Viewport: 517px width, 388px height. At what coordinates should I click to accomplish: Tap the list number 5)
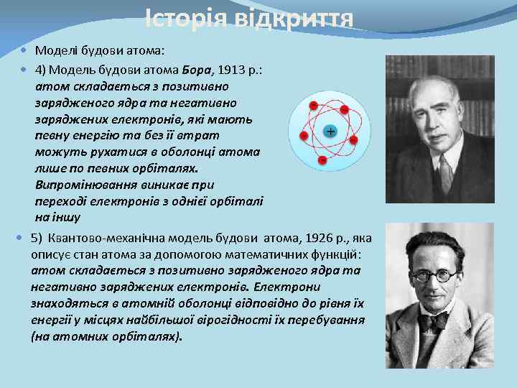(37, 239)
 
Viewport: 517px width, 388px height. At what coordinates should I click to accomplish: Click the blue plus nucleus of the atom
(330, 131)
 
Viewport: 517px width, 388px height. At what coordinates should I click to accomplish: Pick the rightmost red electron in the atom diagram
(353, 139)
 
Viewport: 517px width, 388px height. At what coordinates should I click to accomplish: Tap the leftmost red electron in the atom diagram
(304, 136)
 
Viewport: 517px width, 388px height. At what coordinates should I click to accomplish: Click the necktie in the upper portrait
(444, 172)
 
